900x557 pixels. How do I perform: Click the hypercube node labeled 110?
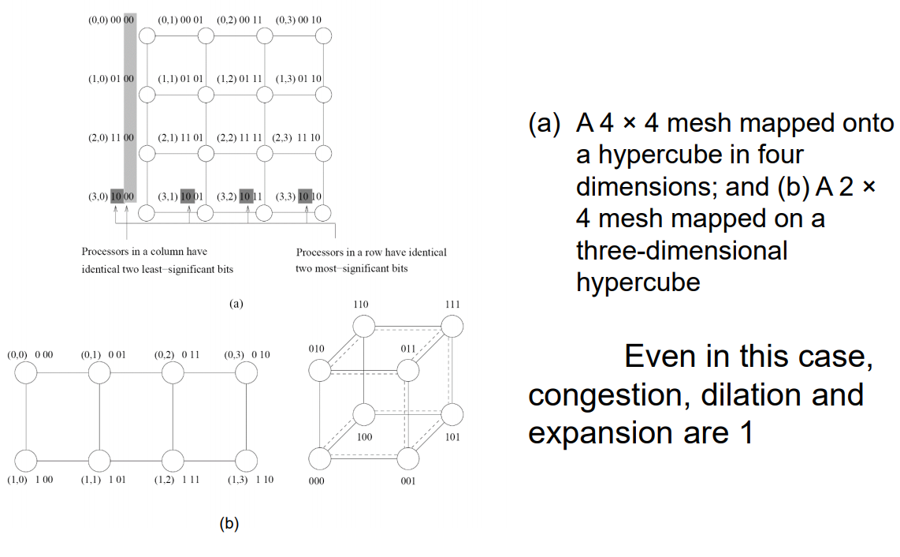coord(363,327)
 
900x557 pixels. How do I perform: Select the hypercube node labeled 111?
coord(452,327)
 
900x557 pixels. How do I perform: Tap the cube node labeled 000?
coord(320,458)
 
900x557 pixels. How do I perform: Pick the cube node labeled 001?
coord(408,458)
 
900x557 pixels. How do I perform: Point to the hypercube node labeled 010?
coord(320,370)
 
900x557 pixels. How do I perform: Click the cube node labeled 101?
coord(452,414)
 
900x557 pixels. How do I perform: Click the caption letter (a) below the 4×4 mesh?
coord(236,304)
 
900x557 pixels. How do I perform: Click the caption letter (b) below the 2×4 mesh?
coord(229,523)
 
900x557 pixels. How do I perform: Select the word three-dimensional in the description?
coord(682,251)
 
